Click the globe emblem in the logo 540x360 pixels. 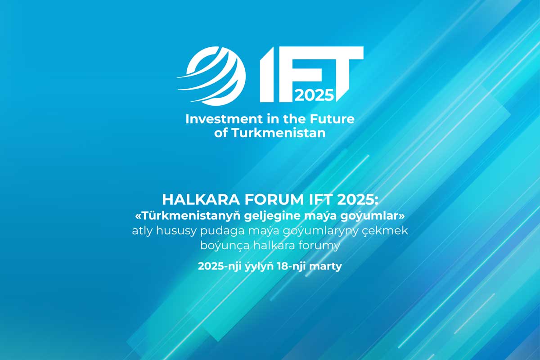pos(212,76)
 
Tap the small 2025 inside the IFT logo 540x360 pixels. pos(314,95)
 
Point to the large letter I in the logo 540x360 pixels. pos(267,74)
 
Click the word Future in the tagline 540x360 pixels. pos(332,119)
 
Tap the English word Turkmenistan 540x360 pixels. pos(279,133)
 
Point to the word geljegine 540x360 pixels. pos(272,216)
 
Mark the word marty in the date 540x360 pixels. pos(325,267)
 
